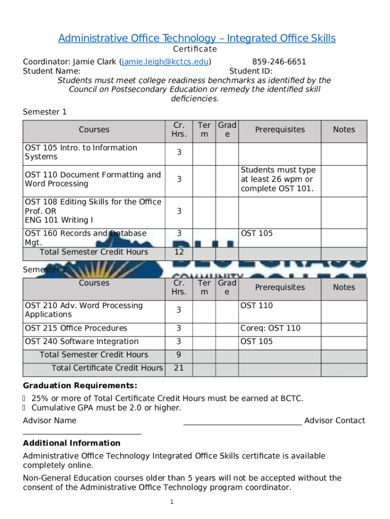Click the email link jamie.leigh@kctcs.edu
click(x=165, y=62)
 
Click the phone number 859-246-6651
click(x=279, y=62)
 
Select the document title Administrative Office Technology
click(x=197, y=39)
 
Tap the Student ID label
click(x=251, y=71)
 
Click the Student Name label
click(x=51, y=71)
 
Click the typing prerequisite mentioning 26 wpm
click(x=278, y=179)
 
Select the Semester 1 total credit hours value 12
click(x=179, y=252)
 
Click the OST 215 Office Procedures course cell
click(x=76, y=328)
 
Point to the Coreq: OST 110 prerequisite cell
click(x=270, y=328)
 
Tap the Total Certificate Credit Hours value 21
click(x=179, y=368)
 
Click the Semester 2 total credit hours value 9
click(x=179, y=355)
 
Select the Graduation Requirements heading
click(x=80, y=386)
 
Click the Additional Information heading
click(x=71, y=443)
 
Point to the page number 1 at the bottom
click(x=172, y=502)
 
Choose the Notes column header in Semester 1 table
click(x=344, y=130)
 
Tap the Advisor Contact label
click(x=334, y=420)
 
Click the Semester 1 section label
click(x=45, y=112)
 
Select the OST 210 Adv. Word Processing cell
click(x=84, y=310)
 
